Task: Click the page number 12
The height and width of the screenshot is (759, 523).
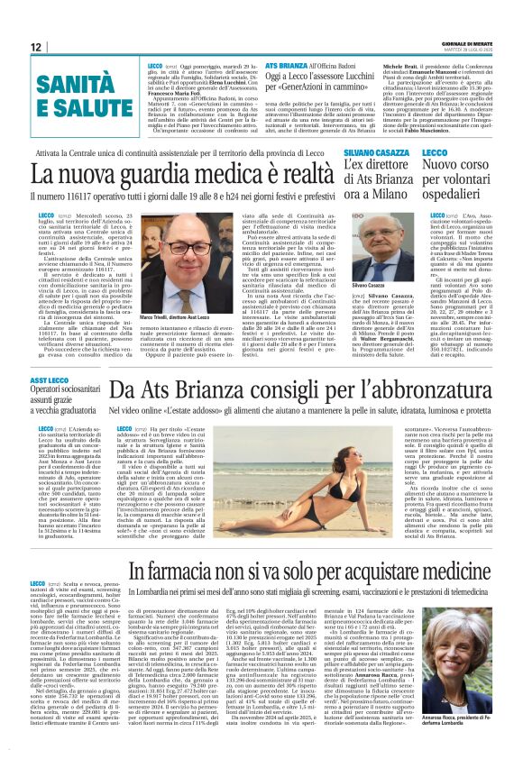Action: click(36, 46)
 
